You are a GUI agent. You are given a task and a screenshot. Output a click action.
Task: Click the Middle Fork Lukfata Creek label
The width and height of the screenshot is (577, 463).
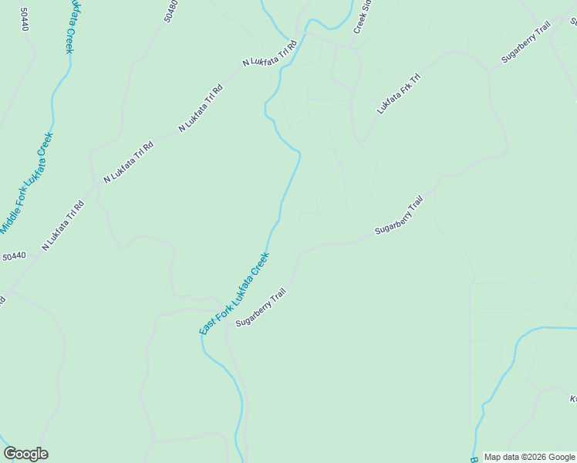(27, 184)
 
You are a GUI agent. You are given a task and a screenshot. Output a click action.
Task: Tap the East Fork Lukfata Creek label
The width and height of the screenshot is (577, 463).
(234, 293)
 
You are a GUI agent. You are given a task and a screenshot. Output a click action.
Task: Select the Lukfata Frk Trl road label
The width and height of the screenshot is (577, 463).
(398, 94)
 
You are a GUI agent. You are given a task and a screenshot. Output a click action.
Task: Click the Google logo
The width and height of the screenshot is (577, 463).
(25, 454)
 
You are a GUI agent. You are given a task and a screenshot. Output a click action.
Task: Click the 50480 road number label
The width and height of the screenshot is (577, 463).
(171, 10)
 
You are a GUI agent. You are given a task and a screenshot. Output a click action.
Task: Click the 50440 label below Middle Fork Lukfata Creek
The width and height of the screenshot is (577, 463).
(14, 256)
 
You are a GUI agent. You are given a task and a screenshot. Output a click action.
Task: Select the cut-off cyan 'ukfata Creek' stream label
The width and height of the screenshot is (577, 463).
(70, 26)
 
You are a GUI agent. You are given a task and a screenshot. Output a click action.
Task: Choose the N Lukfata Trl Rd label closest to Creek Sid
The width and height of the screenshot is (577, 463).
(269, 52)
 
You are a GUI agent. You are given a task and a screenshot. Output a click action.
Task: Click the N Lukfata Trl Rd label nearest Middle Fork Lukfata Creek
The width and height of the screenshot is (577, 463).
(62, 226)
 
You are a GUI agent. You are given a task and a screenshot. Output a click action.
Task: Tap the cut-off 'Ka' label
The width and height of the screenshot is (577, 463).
(573, 399)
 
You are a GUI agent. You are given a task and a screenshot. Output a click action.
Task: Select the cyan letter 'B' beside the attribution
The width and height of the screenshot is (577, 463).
(473, 457)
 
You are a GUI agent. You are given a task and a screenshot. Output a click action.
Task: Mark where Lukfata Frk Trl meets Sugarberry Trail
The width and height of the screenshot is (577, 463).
(490, 71)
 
